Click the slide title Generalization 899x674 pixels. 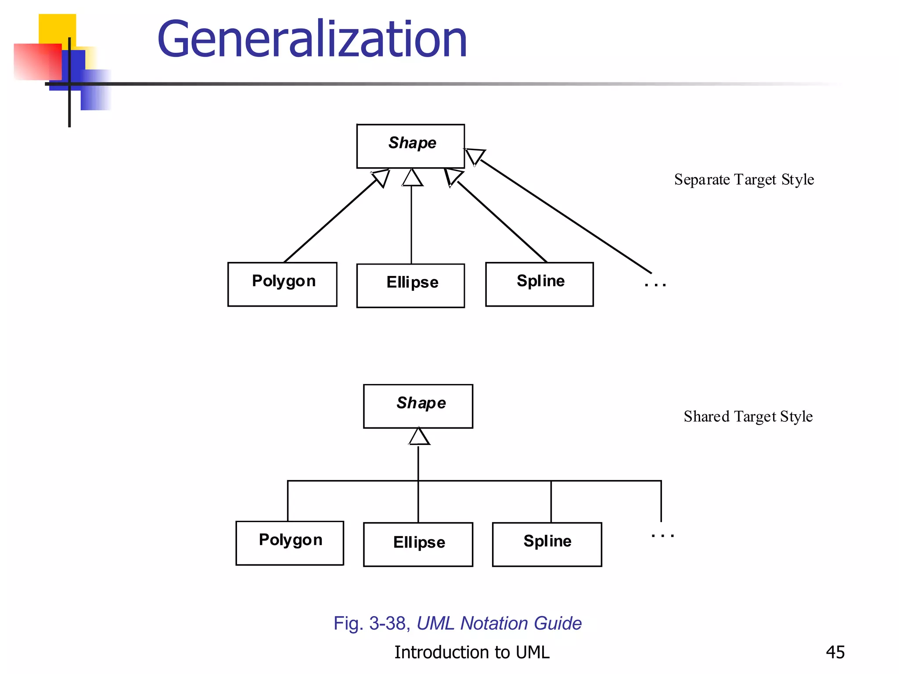[312, 39]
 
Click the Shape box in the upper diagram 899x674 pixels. [410, 146]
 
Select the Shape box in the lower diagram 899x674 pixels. [418, 406]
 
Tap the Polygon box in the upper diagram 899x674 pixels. [282, 284]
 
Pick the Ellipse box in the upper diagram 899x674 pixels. [410, 285]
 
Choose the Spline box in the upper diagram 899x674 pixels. [539, 284]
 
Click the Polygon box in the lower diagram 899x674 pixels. [290, 543]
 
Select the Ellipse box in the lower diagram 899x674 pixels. [418, 544]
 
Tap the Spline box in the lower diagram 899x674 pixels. [547, 544]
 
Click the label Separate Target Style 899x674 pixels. [744, 179]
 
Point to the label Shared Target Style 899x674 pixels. [748, 416]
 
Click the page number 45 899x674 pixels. [835, 652]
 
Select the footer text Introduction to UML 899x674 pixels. [471, 652]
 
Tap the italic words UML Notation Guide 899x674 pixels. [499, 624]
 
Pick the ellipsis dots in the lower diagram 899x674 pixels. [662, 535]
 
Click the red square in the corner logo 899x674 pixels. [37, 61]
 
